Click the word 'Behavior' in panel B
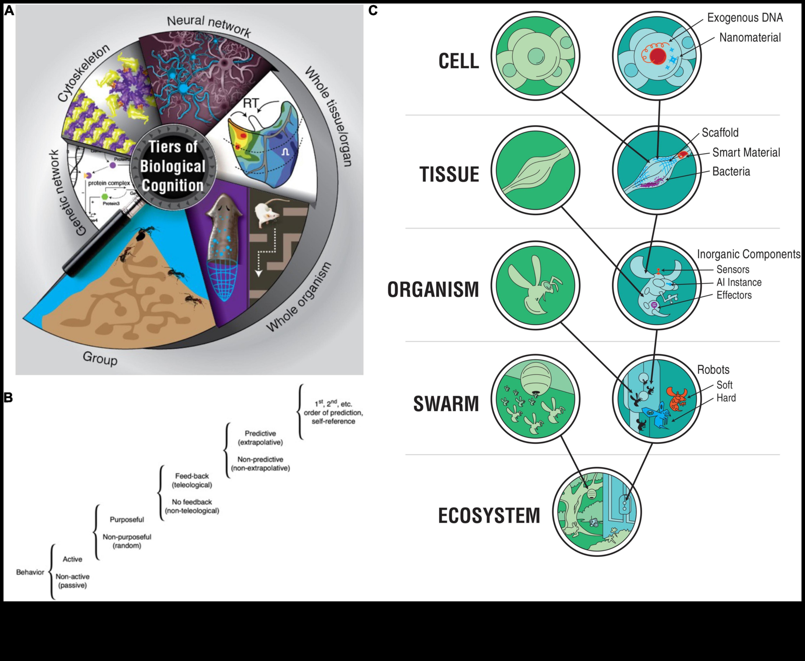pos(30,572)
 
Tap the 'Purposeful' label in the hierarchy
pos(127,519)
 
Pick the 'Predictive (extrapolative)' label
pos(260,438)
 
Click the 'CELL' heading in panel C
pos(459,61)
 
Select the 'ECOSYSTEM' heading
pos(489,516)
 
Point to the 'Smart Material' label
pos(746,152)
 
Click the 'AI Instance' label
pos(739,282)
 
